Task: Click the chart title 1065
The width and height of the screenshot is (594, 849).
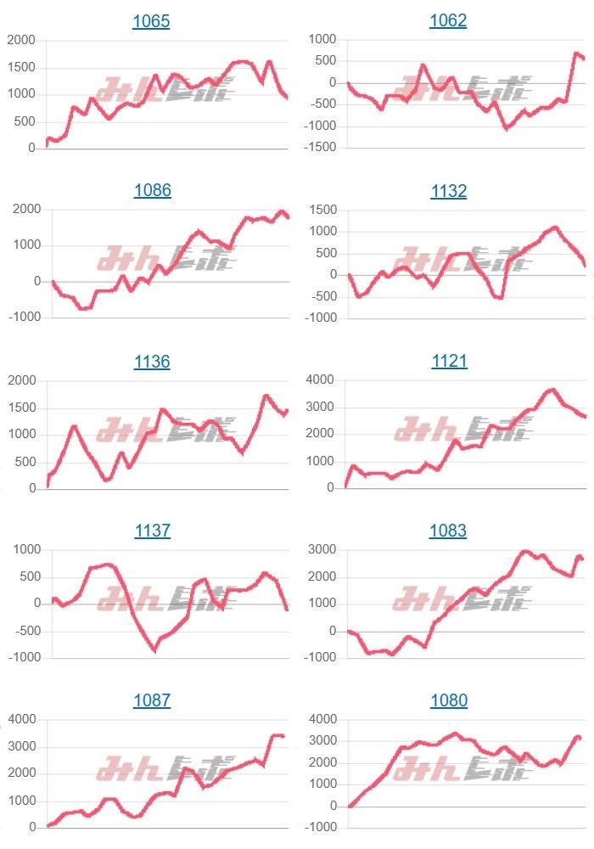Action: click(x=151, y=21)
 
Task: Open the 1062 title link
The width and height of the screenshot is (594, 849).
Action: click(x=448, y=21)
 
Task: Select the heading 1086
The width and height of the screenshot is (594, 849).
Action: click(x=153, y=191)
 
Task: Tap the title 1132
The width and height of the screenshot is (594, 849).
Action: click(x=448, y=191)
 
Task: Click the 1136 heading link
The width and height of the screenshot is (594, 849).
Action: click(x=152, y=362)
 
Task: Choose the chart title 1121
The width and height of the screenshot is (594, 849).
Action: click(x=448, y=362)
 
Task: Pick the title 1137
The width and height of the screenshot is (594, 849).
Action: click(x=152, y=531)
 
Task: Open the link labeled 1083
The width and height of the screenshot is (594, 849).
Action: click(x=448, y=531)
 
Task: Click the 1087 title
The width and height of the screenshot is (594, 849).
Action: click(x=152, y=701)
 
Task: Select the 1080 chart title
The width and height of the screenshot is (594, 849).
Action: click(x=448, y=701)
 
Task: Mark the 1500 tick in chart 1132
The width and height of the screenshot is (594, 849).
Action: click(x=321, y=210)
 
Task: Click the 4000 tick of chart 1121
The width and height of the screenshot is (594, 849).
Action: click(x=321, y=380)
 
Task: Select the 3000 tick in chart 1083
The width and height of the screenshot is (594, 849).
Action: click(x=321, y=550)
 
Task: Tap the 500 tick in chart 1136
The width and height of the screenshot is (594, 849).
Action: click(x=25, y=462)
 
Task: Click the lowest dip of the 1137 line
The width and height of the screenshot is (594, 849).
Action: click(x=154, y=650)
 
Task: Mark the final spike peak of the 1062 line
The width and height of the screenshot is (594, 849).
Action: click(x=576, y=54)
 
